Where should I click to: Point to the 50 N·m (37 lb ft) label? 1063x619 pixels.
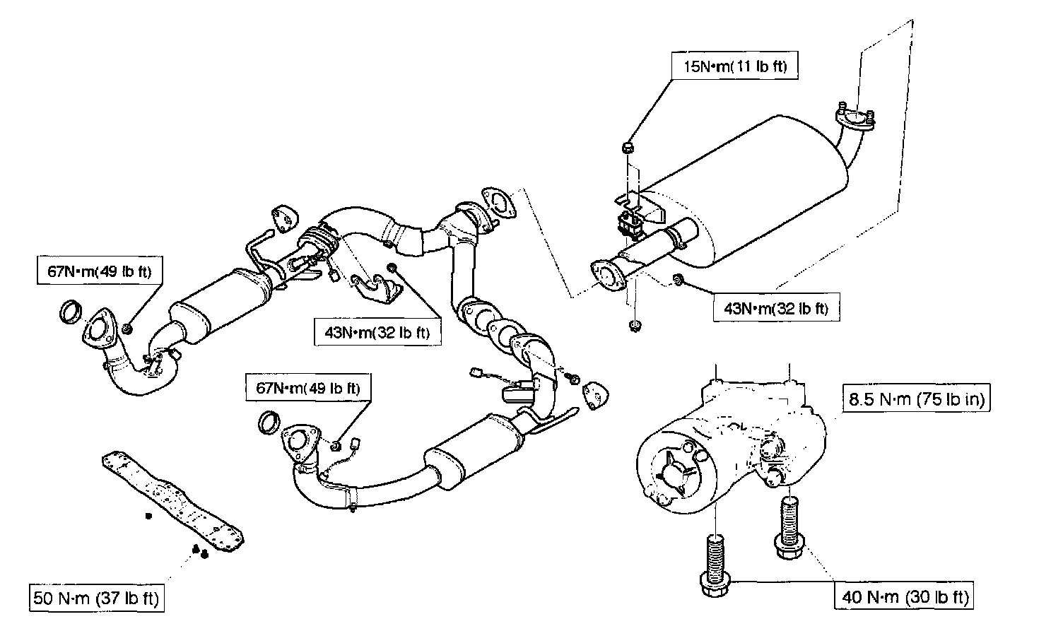pyautogui.click(x=97, y=599)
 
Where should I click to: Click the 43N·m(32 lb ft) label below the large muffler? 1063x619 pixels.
pyautogui.click(x=776, y=308)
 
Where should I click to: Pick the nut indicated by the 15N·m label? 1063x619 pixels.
pyautogui.click(x=626, y=148)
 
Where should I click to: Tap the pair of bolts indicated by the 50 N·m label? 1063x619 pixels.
pyautogui.click(x=199, y=551)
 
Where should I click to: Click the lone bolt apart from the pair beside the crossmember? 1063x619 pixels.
pyautogui.click(x=148, y=517)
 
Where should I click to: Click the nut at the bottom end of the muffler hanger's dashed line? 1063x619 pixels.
pyautogui.click(x=633, y=326)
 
